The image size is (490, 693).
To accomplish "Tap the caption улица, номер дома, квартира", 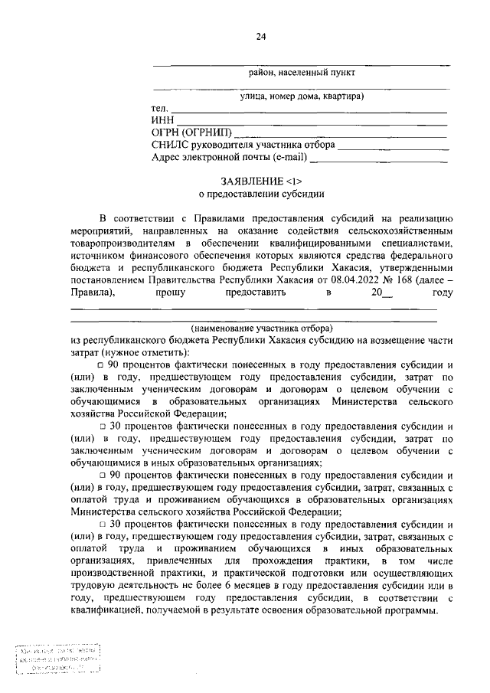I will [x=301, y=96].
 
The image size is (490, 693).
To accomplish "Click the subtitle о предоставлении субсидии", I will [x=262, y=194].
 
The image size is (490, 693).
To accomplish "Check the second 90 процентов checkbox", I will [x=101, y=474].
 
